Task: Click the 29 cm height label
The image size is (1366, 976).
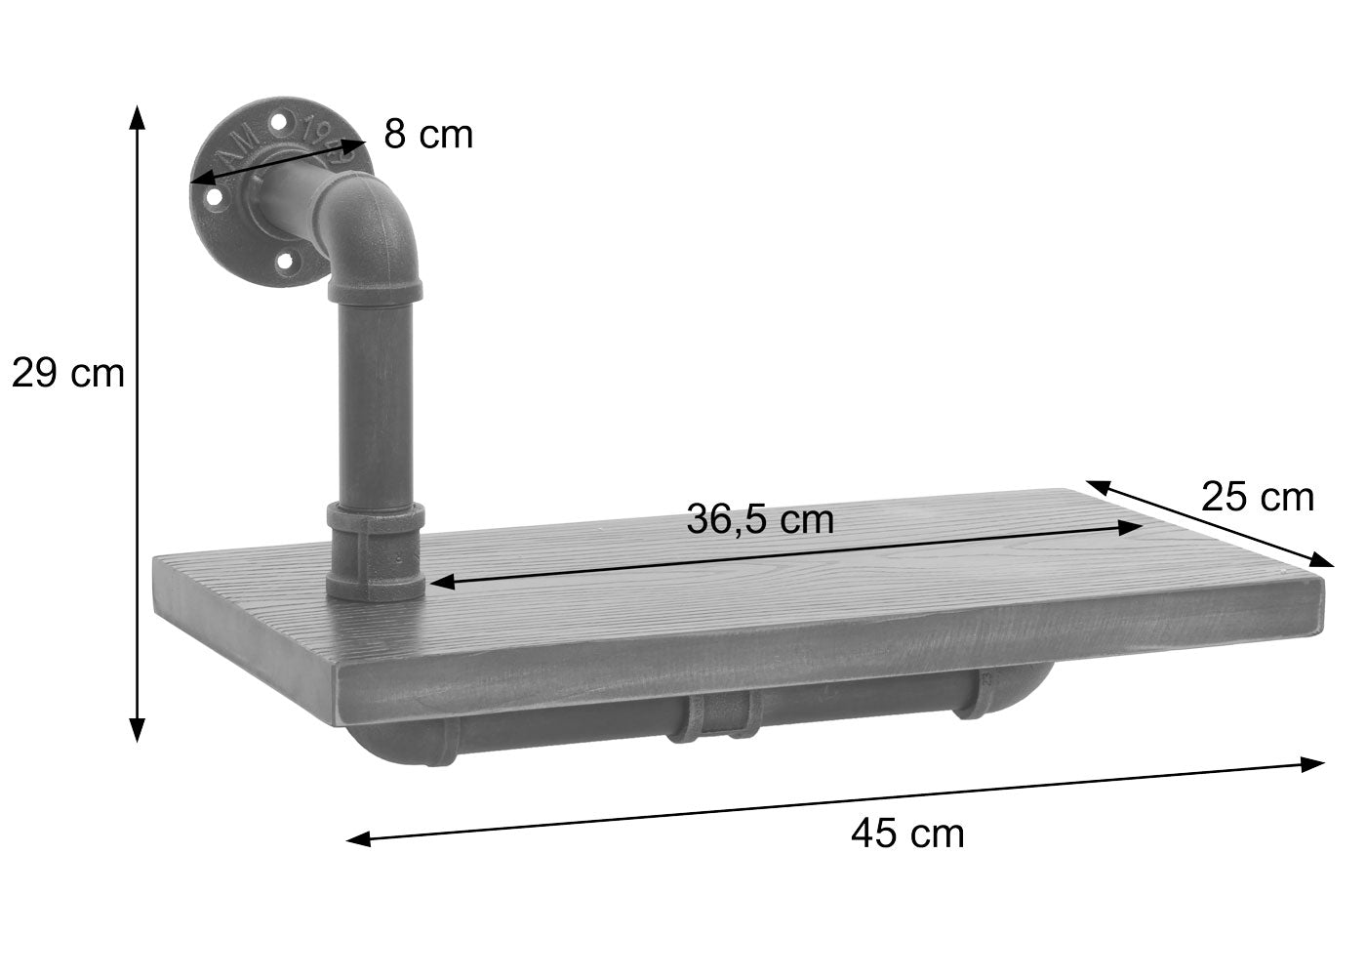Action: click(x=67, y=372)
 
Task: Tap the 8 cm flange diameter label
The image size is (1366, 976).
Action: click(x=427, y=135)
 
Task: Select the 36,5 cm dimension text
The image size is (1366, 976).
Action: click(x=760, y=518)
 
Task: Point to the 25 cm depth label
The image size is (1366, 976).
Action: click(x=1257, y=497)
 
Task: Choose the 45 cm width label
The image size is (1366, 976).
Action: click(x=907, y=833)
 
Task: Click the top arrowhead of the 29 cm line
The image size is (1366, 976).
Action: click(x=138, y=115)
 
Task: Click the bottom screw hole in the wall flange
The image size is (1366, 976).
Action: click(x=285, y=262)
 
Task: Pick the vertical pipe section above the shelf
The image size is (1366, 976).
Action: click(x=376, y=400)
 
